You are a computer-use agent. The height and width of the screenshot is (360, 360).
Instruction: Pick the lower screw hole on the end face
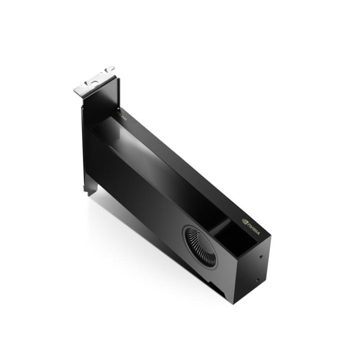[257, 279]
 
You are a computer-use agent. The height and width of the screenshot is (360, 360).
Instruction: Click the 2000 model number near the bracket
[124, 116]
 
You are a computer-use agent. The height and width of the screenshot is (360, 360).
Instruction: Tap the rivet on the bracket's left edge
[82, 108]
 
